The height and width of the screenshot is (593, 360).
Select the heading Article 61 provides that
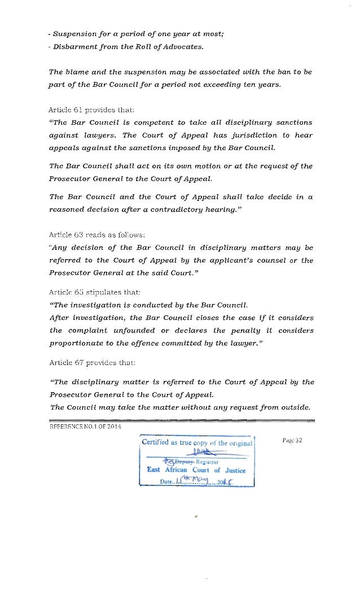pyautogui.click(x=92, y=110)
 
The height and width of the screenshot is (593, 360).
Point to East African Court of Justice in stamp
pyautogui.click(x=196, y=469)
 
